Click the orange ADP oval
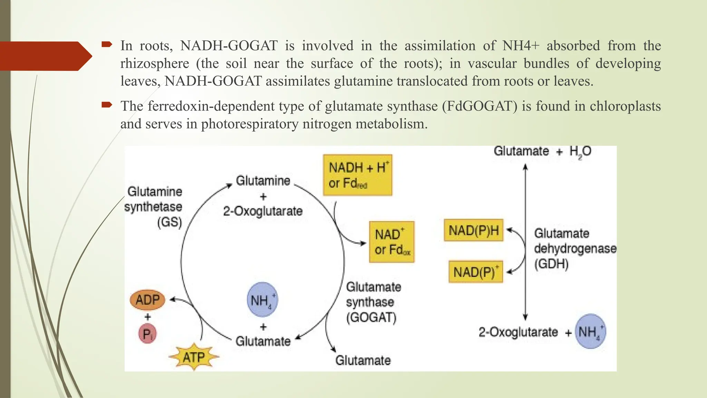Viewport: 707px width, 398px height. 147,300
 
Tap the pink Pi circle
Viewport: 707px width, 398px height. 147,334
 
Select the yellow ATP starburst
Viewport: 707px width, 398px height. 194,357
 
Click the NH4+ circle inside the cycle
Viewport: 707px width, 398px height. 262,300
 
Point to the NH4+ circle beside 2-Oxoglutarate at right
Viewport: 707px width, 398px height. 591,331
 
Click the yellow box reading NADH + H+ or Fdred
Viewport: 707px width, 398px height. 358,175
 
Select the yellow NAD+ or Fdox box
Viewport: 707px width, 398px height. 392,242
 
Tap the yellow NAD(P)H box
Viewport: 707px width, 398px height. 474,230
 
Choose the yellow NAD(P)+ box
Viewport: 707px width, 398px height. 476,272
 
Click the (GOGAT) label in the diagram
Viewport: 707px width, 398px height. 371,317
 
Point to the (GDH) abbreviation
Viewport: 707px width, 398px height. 551,264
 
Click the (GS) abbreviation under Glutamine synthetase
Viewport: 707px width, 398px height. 170,222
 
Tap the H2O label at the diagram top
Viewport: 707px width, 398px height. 580,151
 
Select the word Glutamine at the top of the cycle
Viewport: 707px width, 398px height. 263,181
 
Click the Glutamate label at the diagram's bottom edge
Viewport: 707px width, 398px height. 363,360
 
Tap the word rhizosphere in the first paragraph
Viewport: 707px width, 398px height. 155,64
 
